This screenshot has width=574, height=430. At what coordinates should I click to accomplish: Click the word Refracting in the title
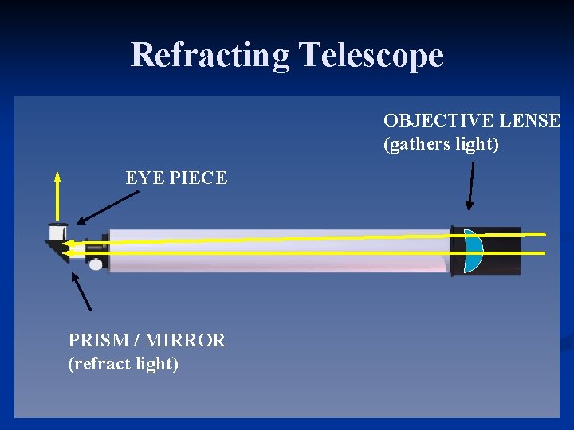coord(210,56)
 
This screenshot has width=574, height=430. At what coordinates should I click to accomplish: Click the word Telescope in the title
coord(371,56)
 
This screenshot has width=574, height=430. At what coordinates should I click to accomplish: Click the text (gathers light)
coord(441,144)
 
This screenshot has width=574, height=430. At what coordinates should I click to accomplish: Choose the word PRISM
coord(95,341)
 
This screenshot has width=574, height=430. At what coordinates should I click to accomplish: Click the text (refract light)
coord(123,364)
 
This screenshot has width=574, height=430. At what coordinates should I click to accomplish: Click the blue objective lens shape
coord(473,251)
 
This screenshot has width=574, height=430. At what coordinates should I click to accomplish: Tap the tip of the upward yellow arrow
coord(57,173)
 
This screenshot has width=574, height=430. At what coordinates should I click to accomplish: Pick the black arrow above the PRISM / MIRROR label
coord(81,291)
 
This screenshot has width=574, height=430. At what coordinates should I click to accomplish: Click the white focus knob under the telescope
coord(96,264)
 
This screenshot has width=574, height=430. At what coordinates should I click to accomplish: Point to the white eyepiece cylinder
coord(57,232)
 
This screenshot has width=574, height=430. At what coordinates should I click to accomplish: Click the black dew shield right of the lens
coord(503,251)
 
